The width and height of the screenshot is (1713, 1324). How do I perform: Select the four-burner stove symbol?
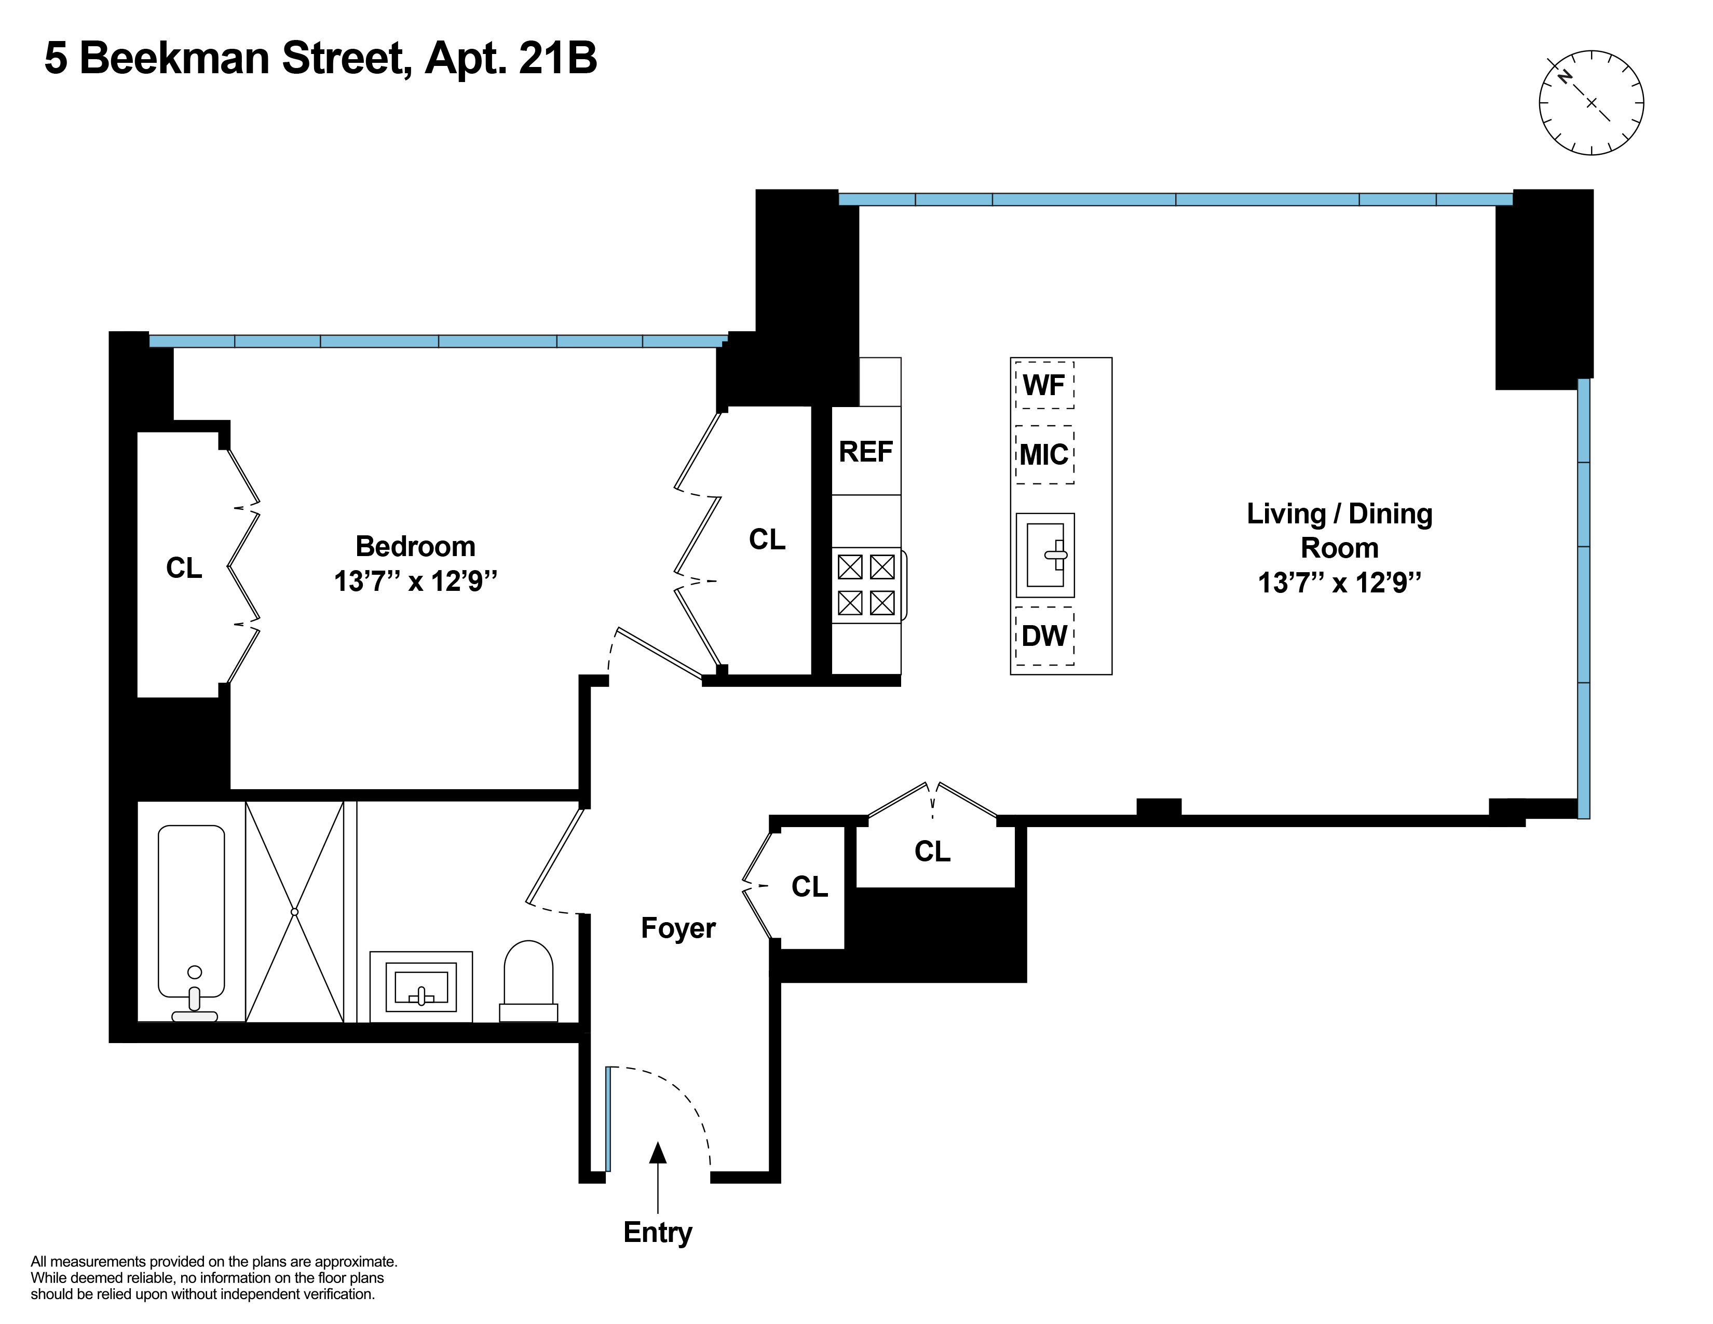pyautogui.click(x=867, y=585)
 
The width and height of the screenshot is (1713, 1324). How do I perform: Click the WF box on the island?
pyautogui.click(x=1044, y=385)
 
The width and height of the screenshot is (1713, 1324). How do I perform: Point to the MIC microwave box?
pyautogui.click(x=1044, y=455)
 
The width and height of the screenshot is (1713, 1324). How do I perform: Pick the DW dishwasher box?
pyautogui.click(x=1044, y=636)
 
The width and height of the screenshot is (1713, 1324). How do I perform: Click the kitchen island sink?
pyautogui.click(x=1045, y=556)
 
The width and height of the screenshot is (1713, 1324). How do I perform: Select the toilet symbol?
pyautogui.click(x=528, y=980)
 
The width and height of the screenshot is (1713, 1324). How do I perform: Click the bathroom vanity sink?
pyautogui.click(x=421, y=987)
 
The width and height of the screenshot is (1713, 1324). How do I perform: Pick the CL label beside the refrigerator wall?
pyautogui.click(x=766, y=539)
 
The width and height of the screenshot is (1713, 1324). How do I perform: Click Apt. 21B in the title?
pyautogui.click(x=511, y=59)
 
